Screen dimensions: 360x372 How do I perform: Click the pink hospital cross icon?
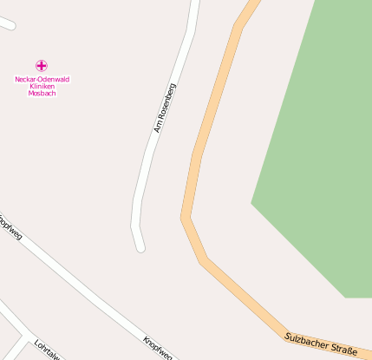41,65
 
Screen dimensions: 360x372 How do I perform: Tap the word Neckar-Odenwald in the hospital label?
42,79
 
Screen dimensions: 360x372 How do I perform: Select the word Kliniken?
42,86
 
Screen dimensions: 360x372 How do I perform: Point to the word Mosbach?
42,93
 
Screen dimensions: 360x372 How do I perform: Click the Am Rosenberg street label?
165,108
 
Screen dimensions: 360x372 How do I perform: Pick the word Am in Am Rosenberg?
159,127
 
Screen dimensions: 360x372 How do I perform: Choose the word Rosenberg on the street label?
166,101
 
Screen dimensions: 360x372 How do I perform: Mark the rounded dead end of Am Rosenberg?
140,247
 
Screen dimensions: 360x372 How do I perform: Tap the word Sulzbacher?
306,341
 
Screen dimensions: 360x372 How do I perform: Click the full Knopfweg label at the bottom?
158,346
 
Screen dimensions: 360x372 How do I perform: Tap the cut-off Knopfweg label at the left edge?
10,226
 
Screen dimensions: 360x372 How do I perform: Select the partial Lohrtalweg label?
47,350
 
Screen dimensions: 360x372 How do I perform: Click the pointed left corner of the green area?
253,203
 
